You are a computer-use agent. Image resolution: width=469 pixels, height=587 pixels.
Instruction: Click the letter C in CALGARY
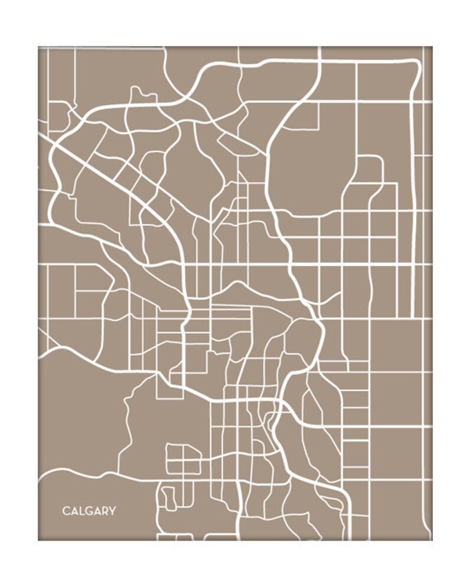[66, 511]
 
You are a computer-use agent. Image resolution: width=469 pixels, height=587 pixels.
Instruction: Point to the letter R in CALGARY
[105, 511]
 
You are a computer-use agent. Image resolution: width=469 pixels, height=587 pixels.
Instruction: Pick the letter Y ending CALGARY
[112, 511]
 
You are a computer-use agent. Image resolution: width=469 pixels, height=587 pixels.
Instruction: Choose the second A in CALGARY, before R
[97, 511]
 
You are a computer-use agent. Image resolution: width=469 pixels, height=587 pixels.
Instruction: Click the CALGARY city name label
[89, 511]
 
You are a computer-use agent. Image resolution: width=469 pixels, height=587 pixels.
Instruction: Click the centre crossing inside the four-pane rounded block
[184, 460]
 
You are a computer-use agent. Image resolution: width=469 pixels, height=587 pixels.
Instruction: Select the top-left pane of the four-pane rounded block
[175, 452]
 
